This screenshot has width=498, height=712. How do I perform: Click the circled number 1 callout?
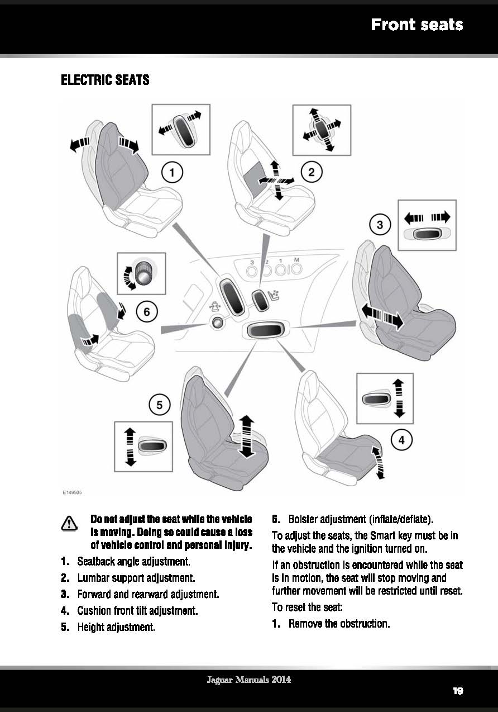(173, 172)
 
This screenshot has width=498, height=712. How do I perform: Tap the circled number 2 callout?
(312, 172)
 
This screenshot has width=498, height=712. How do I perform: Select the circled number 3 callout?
(380, 225)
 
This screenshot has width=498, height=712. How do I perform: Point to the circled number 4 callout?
(401, 440)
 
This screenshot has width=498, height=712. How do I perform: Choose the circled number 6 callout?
(147, 311)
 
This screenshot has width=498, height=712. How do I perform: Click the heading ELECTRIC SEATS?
(105, 80)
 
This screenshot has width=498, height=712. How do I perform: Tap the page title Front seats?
(417, 25)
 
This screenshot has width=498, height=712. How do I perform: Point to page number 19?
(458, 691)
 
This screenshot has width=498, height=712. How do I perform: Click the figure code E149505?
(73, 492)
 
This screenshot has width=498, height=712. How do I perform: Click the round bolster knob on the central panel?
(216, 322)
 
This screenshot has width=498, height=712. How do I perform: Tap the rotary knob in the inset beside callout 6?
(145, 274)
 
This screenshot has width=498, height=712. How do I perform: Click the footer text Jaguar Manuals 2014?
(248, 680)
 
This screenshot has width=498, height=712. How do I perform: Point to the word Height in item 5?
(92, 626)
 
